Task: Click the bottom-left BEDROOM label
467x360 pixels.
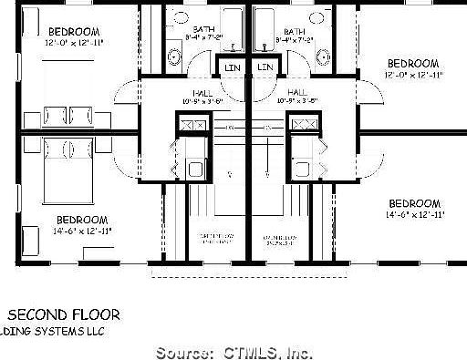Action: pos(82,220)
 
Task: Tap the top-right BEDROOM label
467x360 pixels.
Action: pos(413,63)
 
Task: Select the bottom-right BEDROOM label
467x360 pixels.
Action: pos(415,203)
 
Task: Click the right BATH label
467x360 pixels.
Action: pos(293,30)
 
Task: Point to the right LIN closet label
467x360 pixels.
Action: pos(265,67)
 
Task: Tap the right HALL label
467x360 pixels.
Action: pos(296,93)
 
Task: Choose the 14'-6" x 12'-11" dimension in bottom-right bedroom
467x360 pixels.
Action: pos(413,215)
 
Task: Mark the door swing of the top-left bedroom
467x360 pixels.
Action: pos(128,95)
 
